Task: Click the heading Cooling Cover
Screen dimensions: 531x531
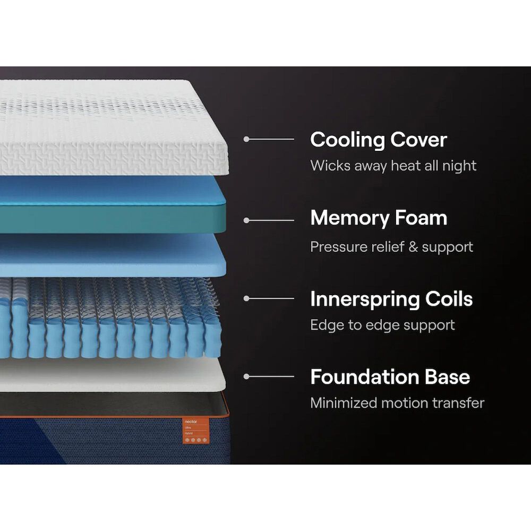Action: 378,140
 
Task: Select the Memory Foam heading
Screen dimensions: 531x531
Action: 378,218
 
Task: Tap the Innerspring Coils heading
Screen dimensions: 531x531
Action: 391,299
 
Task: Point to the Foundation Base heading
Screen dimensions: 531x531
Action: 390,377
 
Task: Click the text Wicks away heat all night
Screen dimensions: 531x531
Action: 393,165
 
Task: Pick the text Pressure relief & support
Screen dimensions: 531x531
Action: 391,247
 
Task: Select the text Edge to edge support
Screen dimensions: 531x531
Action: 382,325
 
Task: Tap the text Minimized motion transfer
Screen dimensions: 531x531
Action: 397,403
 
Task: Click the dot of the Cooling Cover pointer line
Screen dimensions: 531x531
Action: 246,139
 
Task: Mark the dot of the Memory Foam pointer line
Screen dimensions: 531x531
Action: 246,220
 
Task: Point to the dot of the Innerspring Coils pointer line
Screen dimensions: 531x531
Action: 246,298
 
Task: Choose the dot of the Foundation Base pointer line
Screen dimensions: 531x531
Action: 246,376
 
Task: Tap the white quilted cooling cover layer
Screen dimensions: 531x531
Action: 114,127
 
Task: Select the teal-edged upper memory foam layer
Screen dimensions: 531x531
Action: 114,204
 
